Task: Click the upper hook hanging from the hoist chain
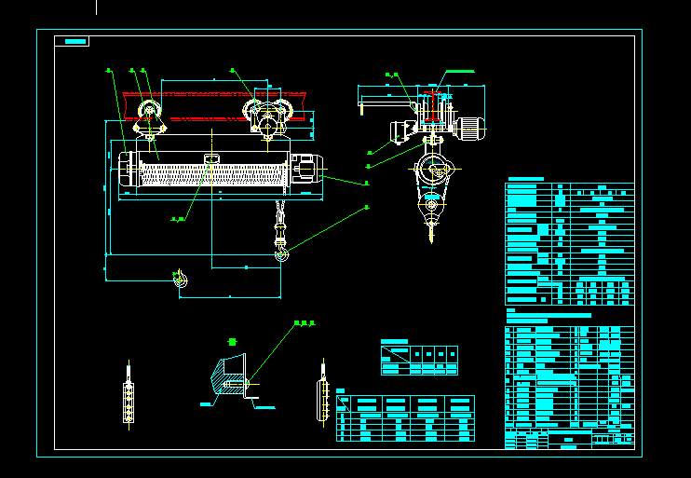coord(280,249)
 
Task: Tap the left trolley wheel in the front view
coord(149,115)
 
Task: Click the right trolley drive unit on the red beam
coord(268,116)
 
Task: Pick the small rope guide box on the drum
coord(211,159)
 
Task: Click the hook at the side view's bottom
coord(431,224)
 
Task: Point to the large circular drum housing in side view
coord(432,171)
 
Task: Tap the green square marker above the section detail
coord(232,342)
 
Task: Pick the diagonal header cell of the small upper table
coord(395,354)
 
